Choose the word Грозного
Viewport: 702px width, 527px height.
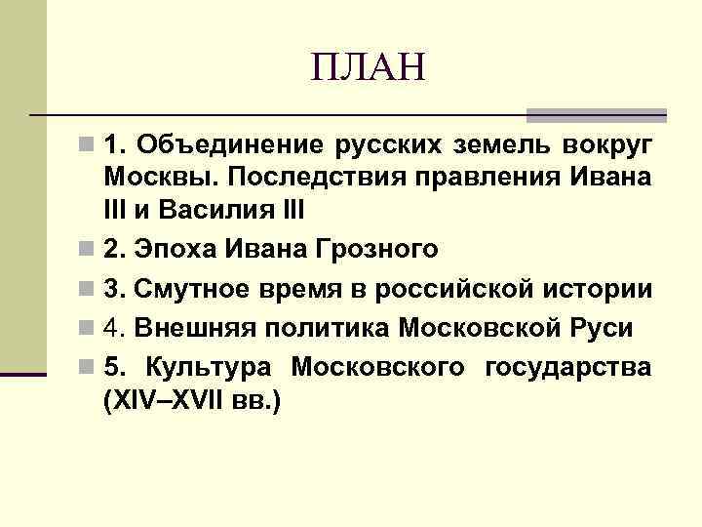pyautogui.click(x=376, y=250)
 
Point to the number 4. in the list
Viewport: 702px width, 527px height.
pyautogui.click(x=114, y=329)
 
